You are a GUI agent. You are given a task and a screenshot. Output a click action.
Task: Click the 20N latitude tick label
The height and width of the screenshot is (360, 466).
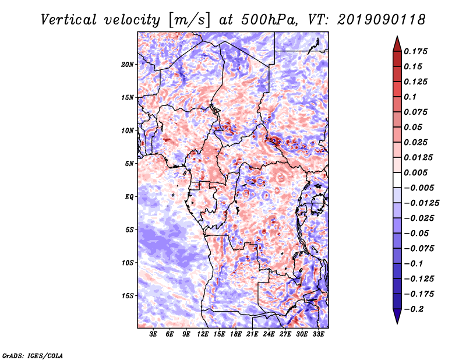(x=128, y=65)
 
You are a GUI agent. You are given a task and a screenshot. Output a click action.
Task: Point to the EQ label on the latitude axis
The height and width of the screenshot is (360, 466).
(x=129, y=197)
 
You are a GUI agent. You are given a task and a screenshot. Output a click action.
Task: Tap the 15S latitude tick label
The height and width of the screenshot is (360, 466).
(x=128, y=296)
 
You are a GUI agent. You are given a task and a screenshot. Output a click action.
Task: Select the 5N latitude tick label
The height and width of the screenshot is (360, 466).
(x=129, y=164)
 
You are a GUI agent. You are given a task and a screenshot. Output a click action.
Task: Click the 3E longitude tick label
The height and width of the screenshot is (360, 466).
(x=153, y=334)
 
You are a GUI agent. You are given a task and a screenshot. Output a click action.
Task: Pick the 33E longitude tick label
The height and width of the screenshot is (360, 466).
(x=318, y=334)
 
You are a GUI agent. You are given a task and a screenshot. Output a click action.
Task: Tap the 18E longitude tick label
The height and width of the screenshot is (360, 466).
(x=236, y=334)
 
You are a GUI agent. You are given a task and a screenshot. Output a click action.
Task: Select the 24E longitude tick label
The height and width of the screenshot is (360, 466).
(x=269, y=334)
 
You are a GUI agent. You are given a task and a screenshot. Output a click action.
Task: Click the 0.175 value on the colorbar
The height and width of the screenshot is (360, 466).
(x=415, y=51)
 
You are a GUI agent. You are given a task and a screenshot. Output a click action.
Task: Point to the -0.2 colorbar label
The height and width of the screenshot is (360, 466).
(x=414, y=309)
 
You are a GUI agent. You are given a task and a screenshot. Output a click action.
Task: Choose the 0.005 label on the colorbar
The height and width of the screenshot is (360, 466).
(x=415, y=172)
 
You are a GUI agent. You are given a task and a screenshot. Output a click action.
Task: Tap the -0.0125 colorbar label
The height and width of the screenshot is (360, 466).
(x=421, y=203)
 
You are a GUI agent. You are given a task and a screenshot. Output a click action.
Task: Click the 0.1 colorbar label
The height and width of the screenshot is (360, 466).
(x=410, y=97)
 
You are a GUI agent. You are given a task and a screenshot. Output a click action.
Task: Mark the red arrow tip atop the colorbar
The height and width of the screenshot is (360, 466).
(x=397, y=36)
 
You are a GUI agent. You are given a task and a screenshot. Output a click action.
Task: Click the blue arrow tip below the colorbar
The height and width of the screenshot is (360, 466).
(x=397, y=323)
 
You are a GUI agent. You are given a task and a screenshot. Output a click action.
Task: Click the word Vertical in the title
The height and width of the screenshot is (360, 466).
(x=69, y=20)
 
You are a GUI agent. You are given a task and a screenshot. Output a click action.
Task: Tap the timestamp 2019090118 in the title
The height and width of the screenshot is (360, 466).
(x=382, y=20)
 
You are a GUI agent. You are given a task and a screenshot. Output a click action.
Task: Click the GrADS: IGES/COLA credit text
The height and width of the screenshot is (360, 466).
(x=33, y=355)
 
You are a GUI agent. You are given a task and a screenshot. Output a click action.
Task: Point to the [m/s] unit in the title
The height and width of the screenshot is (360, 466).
(x=189, y=20)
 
